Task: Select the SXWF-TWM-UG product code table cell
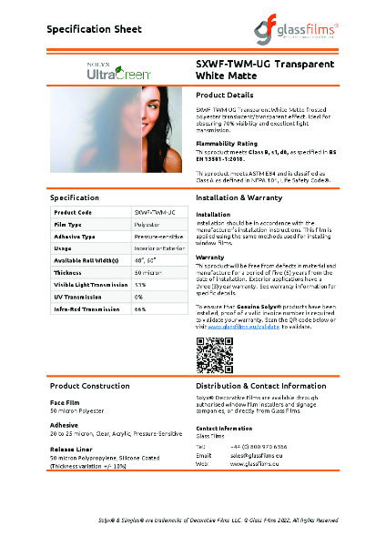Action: tap(155, 211)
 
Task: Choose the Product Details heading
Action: tap(225, 95)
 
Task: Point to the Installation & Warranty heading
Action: tap(242, 197)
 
